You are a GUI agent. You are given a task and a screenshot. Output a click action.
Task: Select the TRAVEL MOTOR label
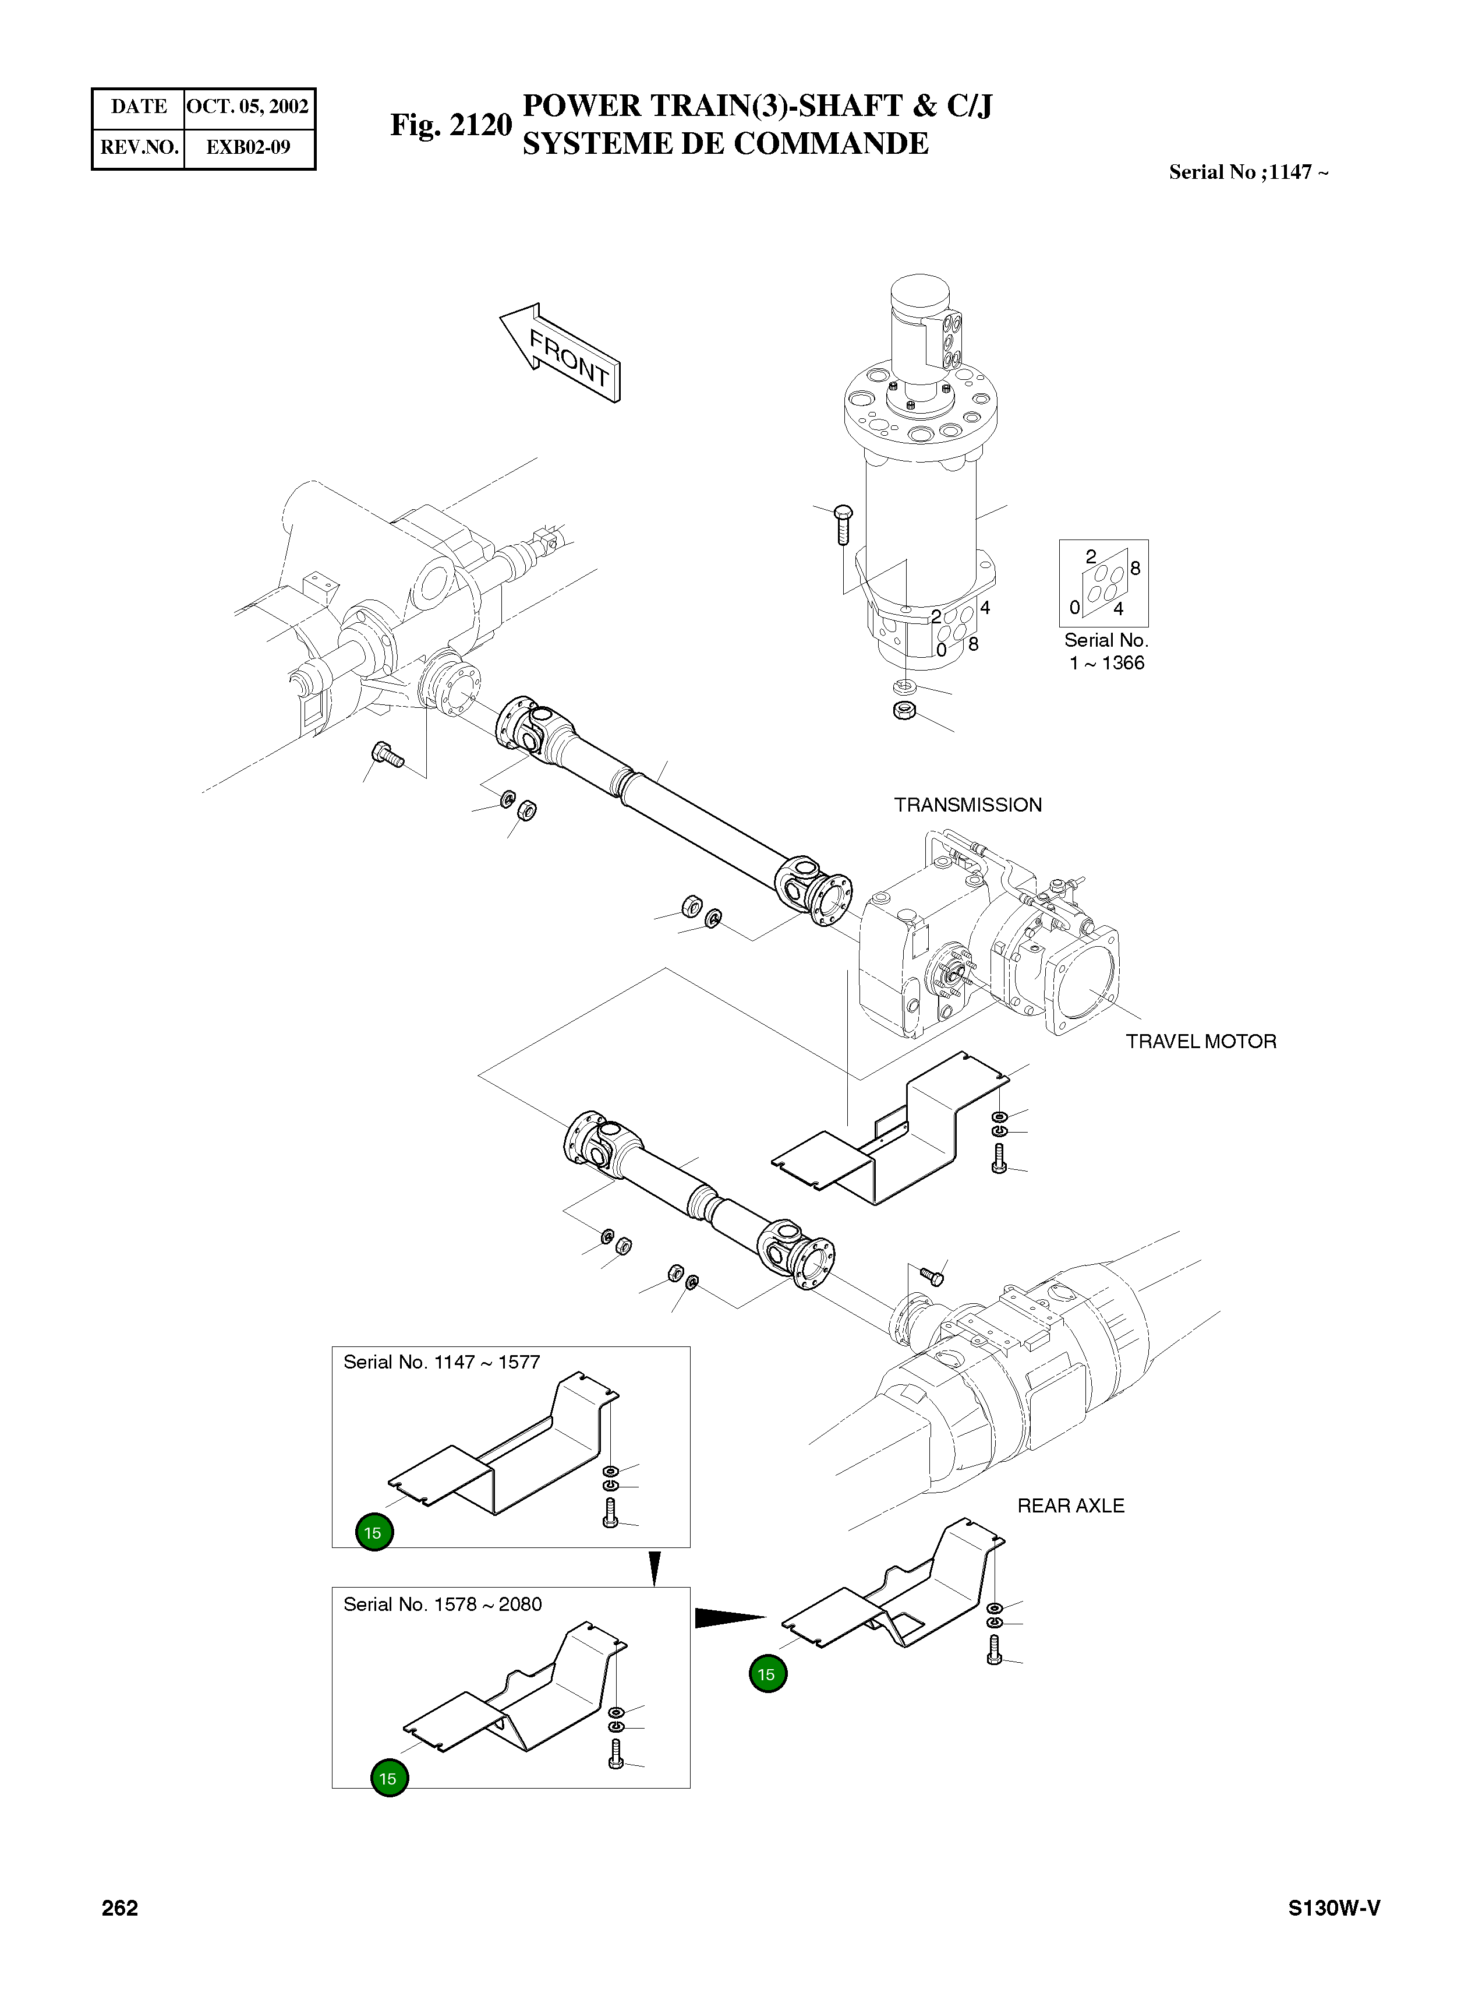point(1201,1041)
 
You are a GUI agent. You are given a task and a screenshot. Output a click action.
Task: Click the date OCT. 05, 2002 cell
point(248,107)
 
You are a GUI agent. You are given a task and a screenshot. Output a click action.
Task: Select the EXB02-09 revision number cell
point(248,147)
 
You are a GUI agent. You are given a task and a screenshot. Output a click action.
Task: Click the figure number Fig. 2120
point(451,125)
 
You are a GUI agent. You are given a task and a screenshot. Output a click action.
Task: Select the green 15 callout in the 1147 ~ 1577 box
point(373,1533)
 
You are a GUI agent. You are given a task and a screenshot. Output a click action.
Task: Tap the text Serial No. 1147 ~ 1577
point(441,1362)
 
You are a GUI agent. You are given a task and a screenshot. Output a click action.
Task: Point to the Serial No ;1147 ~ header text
point(1248,172)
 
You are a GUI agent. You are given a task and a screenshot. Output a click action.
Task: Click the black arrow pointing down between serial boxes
point(655,1568)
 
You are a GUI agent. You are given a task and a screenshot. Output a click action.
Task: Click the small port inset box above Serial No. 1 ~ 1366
point(1103,583)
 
